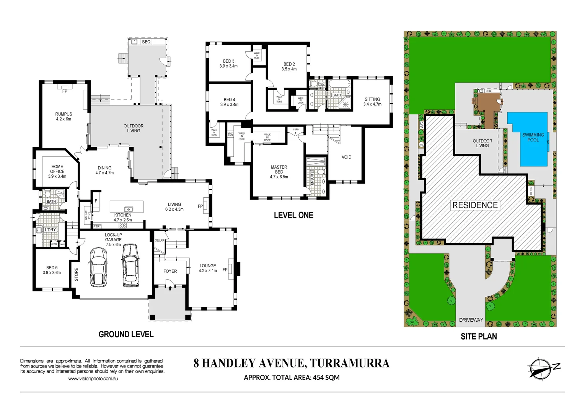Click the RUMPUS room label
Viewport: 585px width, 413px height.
point(64,114)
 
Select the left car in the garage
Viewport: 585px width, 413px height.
point(98,267)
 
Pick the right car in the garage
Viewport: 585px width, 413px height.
point(130,265)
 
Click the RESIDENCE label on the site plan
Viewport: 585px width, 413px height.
point(475,205)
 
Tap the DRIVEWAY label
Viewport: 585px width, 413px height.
point(471,320)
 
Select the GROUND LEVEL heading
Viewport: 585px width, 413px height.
point(126,335)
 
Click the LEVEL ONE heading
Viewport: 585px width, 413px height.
point(293,215)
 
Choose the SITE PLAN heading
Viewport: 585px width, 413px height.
point(479,337)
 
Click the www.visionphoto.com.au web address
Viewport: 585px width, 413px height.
point(93,379)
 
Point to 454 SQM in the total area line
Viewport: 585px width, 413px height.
point(326,378)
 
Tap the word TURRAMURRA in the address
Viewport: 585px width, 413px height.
point(350,363)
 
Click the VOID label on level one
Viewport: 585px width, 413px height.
point(346,157)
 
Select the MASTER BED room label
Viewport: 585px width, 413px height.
point(279,169)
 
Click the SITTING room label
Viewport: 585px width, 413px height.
point(372,99)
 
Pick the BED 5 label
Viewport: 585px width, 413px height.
point(52,268)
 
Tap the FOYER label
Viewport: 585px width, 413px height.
point(170,271)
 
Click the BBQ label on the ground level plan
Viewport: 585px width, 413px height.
point(146,42)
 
